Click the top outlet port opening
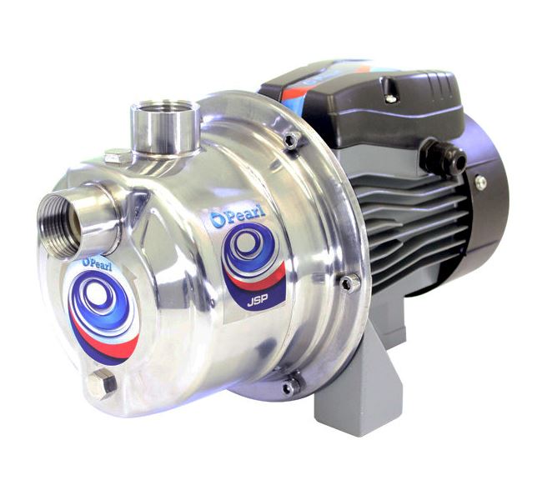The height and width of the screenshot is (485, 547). click(x=165, y=108)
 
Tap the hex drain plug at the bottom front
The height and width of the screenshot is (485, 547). click(x=102, y=384)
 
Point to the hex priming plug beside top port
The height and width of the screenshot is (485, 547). click(x=118, y=156)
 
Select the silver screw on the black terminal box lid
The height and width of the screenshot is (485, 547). click(x=391, y=98)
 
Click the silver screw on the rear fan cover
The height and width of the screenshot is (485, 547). click(x=481, y=182)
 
